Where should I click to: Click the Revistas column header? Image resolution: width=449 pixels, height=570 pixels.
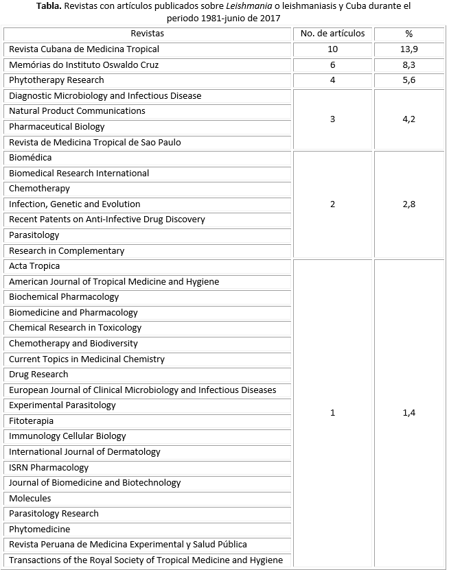point(148,34)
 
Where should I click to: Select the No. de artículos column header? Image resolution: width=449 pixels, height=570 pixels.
point(333,34)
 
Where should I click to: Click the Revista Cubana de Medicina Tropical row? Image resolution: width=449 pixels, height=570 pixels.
point(84,49)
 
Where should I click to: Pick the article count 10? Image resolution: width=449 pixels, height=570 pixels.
point(333,49)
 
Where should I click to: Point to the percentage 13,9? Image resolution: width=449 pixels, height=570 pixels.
point(409,49)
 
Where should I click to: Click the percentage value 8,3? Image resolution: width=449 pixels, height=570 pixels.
point(409,64)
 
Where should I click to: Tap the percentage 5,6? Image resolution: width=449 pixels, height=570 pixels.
point(409,80)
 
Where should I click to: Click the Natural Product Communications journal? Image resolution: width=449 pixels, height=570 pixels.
point(77,111)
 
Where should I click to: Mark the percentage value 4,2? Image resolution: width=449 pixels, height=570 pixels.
point(409,119)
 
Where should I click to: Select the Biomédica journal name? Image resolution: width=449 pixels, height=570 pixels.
point(30,158)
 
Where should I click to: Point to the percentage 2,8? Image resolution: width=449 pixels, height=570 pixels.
point(409,204)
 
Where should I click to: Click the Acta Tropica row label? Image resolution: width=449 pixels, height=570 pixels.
point(34,266)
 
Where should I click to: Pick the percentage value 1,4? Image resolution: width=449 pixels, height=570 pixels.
point(409,413)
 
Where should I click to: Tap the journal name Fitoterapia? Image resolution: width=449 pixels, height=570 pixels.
point(31,421)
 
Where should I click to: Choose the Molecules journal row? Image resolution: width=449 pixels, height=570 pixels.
point(30,499)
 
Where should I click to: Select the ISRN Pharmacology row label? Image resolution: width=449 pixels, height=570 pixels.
point(49,468)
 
